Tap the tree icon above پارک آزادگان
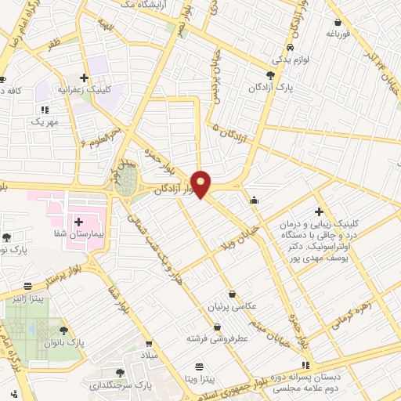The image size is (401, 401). pos(270,75)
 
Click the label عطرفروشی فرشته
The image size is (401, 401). pos(217,339)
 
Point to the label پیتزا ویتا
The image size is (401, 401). pos(201,378)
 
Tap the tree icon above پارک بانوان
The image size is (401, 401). pos(63,331)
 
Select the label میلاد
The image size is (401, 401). pos(149,355)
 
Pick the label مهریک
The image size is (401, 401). pos(45,122)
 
